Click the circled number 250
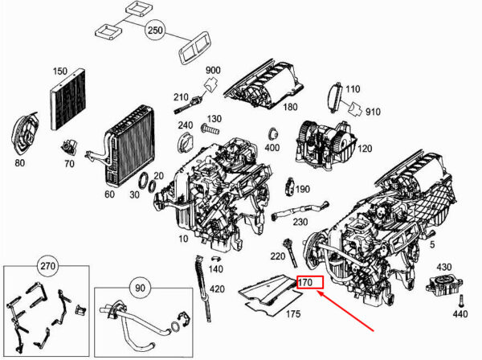point(156,31)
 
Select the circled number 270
point(48,266)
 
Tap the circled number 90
point(140,288)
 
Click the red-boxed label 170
point(310,282)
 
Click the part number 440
point(460,314)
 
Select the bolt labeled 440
point(460,301)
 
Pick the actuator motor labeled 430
point(444,285)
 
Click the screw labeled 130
point(210,129)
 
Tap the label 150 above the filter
point(59,71)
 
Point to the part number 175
point(293,314)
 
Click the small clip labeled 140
point(216,258)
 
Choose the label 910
point(373,112)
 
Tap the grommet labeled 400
point(272,134)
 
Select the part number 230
point(300,222)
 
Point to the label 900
point(213,70)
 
